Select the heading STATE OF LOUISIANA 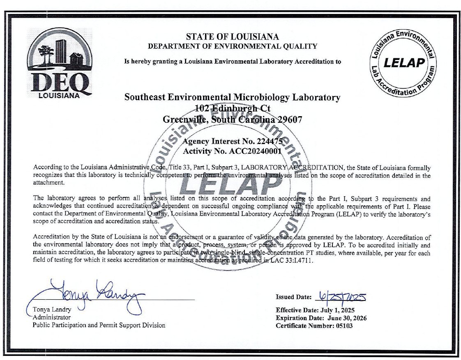coord(232,37)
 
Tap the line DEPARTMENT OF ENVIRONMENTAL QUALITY coord(232,46)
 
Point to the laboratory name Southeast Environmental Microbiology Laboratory coord(232,98)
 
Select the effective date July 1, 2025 coord(334,310)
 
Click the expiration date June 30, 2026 coord(347,318)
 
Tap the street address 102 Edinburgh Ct coord(232,108)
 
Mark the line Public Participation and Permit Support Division coord(99,325)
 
